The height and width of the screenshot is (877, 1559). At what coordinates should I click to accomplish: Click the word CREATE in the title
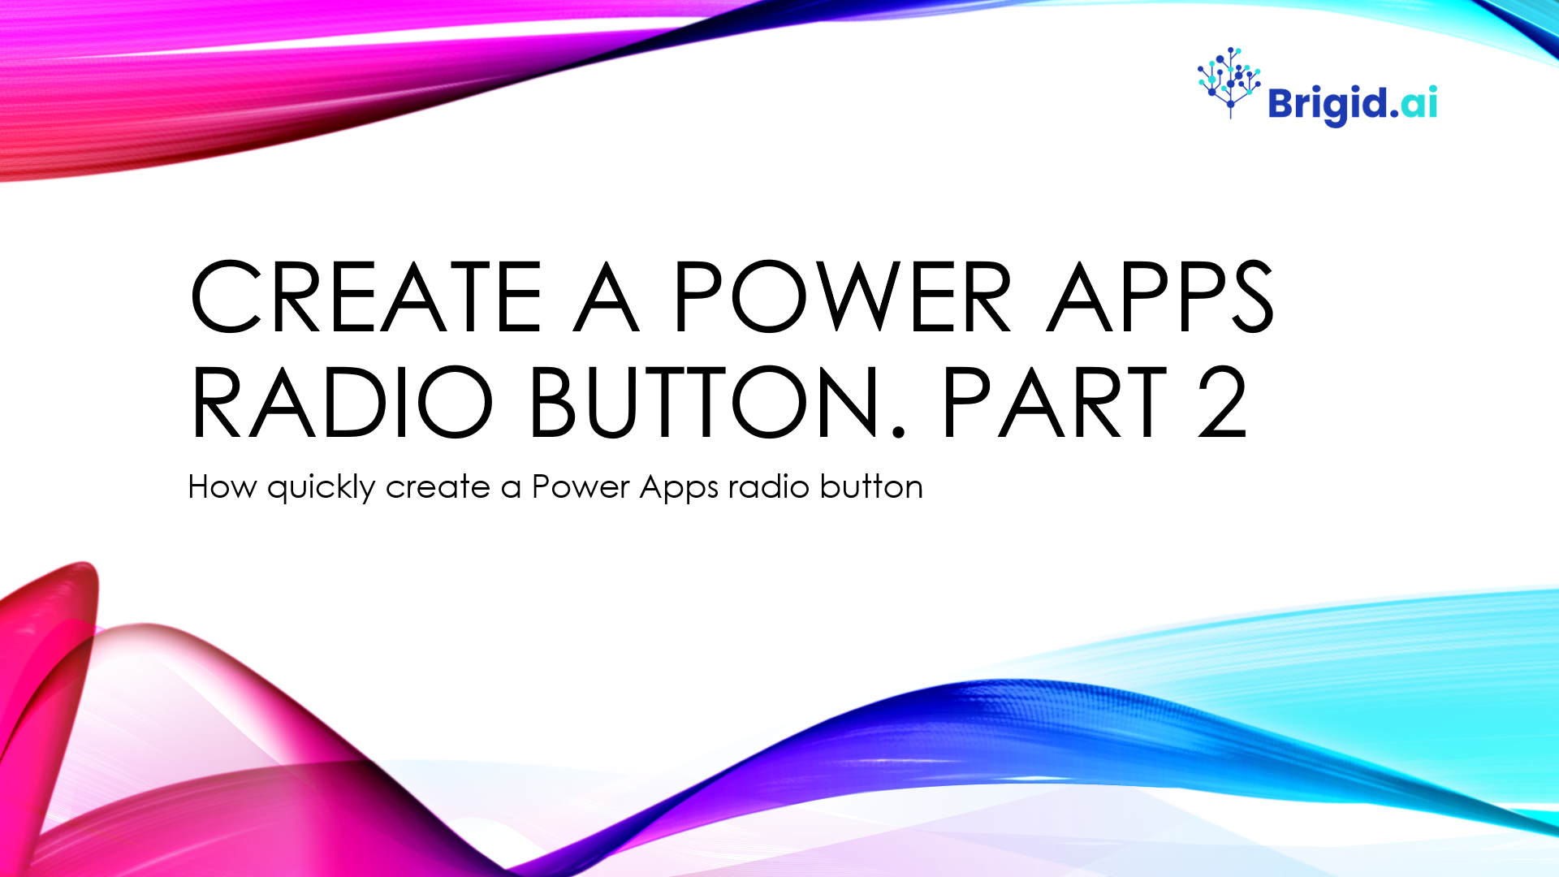[366, 296]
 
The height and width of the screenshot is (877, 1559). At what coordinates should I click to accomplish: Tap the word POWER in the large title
[843, 296]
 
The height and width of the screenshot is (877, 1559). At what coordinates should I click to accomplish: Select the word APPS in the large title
[1160, 296]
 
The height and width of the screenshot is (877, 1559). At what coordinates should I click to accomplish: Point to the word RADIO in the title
[342, 402]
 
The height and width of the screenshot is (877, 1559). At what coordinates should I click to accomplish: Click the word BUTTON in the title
[705, 402]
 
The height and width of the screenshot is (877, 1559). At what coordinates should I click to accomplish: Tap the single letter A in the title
[607, 296]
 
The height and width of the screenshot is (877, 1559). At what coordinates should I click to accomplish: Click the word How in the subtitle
[222, 487]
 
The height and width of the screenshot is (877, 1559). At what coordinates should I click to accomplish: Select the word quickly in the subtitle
[322, 488]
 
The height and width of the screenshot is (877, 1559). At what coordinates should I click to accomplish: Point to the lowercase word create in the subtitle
[438, 488]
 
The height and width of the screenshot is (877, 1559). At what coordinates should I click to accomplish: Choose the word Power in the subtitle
[581, 487]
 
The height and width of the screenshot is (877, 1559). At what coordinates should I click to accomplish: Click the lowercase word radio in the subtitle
[769, 487]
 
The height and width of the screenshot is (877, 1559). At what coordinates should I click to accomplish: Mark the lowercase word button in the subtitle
[871, 486]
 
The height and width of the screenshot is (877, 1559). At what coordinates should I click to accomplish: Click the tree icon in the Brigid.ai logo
[1229, 82]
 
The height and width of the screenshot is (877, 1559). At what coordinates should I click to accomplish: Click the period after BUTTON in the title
[898, 432]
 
